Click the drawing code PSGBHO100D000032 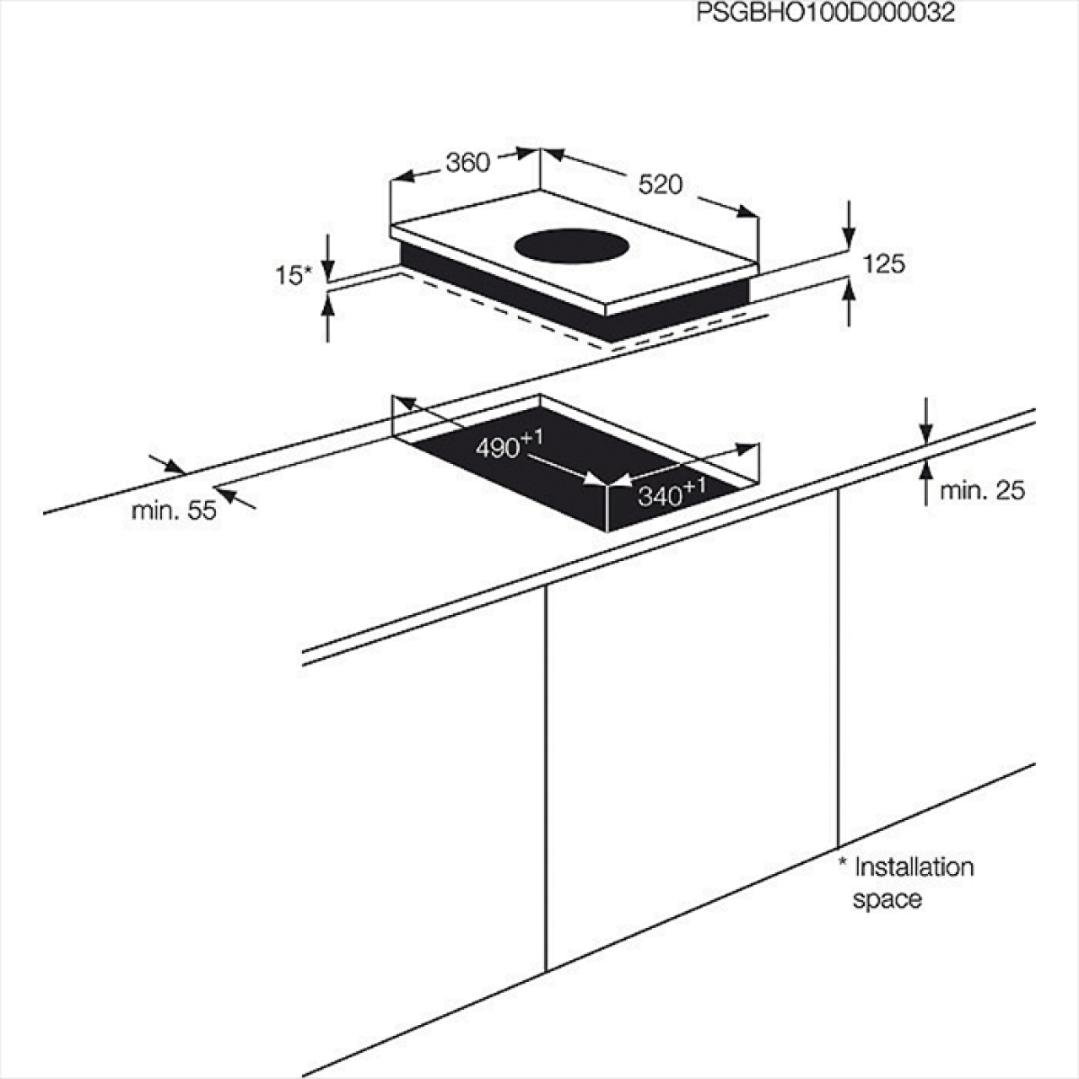825,13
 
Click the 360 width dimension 468,163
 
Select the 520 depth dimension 661,185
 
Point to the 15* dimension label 293,275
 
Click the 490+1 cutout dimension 509,444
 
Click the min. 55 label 174,510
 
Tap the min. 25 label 982,491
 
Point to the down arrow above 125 850,225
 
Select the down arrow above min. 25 927,421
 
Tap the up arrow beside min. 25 927,483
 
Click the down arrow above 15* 328,257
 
